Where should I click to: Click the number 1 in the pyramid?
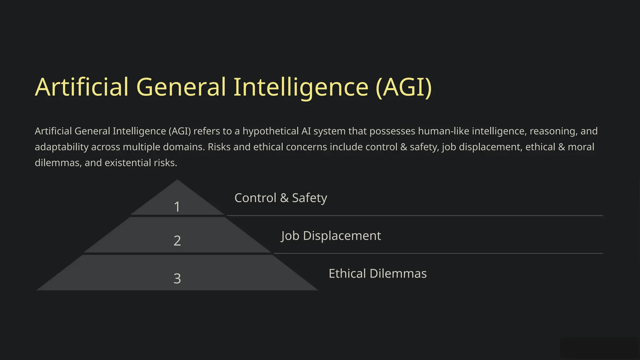[x=177, y=207]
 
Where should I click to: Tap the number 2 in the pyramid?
[x=177, y=241]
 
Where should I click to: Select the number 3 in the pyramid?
[x=177, y=278]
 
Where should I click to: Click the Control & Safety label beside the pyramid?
[x=281, y=198]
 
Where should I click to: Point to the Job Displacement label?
[x=331, y=236]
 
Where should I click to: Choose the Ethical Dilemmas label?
[x=377, y=273]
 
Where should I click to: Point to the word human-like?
[x=443, y=131]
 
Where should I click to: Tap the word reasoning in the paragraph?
[x=553, y=131]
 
